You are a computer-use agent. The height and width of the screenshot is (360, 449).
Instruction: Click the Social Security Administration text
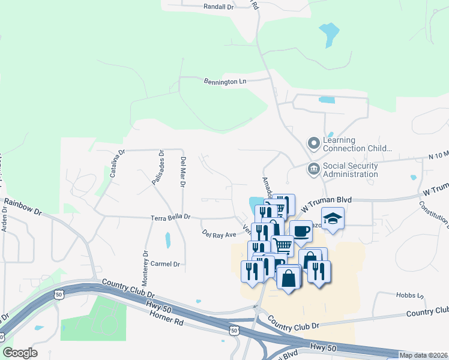(351, 170)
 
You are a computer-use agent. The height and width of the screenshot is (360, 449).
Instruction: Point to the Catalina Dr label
(116, 161)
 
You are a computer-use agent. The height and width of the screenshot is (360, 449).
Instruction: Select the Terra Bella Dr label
(170, 216)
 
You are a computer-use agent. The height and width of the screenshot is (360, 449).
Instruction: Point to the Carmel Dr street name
(166, 264)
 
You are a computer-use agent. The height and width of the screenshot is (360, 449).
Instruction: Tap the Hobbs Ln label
(410, 296)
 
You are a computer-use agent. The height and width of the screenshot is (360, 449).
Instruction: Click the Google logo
(20, 353)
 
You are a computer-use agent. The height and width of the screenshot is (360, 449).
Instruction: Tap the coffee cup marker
(301, 231)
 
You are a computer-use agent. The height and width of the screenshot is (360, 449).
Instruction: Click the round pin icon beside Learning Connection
(313, 143)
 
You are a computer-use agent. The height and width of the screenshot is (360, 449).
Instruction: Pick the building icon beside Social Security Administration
(313, 169)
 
